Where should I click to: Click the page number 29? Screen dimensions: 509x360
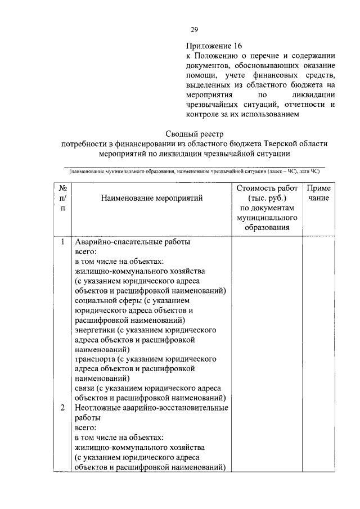click(195, 29)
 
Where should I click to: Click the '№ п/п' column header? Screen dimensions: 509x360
click(63, 198)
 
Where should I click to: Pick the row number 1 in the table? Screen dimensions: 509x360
click(63, 242)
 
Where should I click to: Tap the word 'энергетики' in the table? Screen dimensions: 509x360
click(94, 330)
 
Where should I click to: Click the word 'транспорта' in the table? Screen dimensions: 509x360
click(94, 358)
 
